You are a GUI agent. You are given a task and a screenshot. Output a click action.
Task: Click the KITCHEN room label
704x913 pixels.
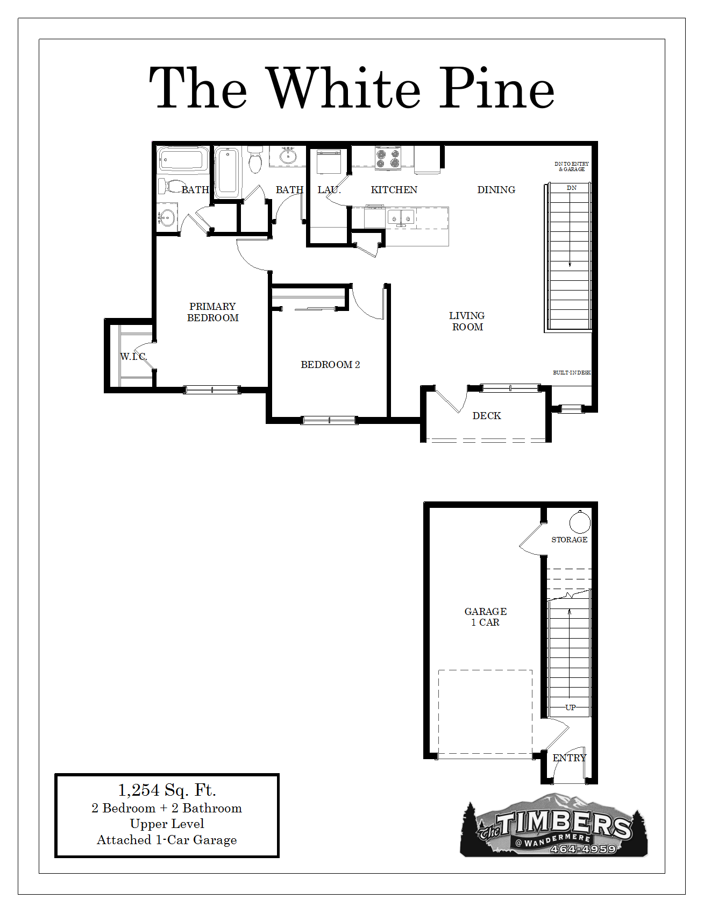pyautogui.click(x=394, y=190)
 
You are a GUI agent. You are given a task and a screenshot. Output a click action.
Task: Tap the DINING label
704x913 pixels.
pyautogui.click(x=496, y=190)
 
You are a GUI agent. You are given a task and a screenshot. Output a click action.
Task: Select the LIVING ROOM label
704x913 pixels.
pyautogui.click(x=467, y=321)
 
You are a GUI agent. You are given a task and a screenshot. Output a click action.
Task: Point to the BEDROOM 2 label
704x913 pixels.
pyautogui.click(x=330, y=365)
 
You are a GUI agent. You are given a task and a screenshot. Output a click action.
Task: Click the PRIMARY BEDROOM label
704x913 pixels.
pyautogui.click(x=212, y=312)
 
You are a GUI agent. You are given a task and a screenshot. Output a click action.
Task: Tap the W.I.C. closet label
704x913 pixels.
pyautogui.click(x=133, y=357)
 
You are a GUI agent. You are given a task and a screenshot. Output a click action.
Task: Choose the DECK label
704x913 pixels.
pyautogui.click(x=487, y=416)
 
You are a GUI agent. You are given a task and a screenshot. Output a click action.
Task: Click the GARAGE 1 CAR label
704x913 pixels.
pyautogui.click(x=485, y=617)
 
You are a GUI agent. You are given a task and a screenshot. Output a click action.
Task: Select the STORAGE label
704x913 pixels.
pyautogui.click(x=569, y=540)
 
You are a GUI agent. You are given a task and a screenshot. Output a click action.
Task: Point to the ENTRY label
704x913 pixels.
pyautogui.click(x=570, y=758)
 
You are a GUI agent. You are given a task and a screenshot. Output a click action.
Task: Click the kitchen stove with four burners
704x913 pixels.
pyautogui.click(x=388, y=158)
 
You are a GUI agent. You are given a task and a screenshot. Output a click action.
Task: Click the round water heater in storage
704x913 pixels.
pyautogui.click(x=580, y=521)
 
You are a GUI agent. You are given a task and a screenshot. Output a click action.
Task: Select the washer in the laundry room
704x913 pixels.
pyautogui.click(x=329, y=161)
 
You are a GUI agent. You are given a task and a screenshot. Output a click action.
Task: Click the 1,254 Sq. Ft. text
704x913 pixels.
pyautogui.click(x=167, y=790)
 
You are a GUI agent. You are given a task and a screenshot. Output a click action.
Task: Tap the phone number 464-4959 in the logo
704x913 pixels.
pyautogui.click(x=583, y=849)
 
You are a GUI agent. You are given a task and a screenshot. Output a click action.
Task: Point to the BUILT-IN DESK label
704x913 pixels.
pyautogui.click(x=572, y=372)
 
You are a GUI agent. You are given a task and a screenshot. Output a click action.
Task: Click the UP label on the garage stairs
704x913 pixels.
pyautogui.click(x=571, y=707)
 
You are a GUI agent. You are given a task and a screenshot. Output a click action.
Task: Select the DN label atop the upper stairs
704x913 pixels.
pyautogui.click(x=572, y=188)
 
